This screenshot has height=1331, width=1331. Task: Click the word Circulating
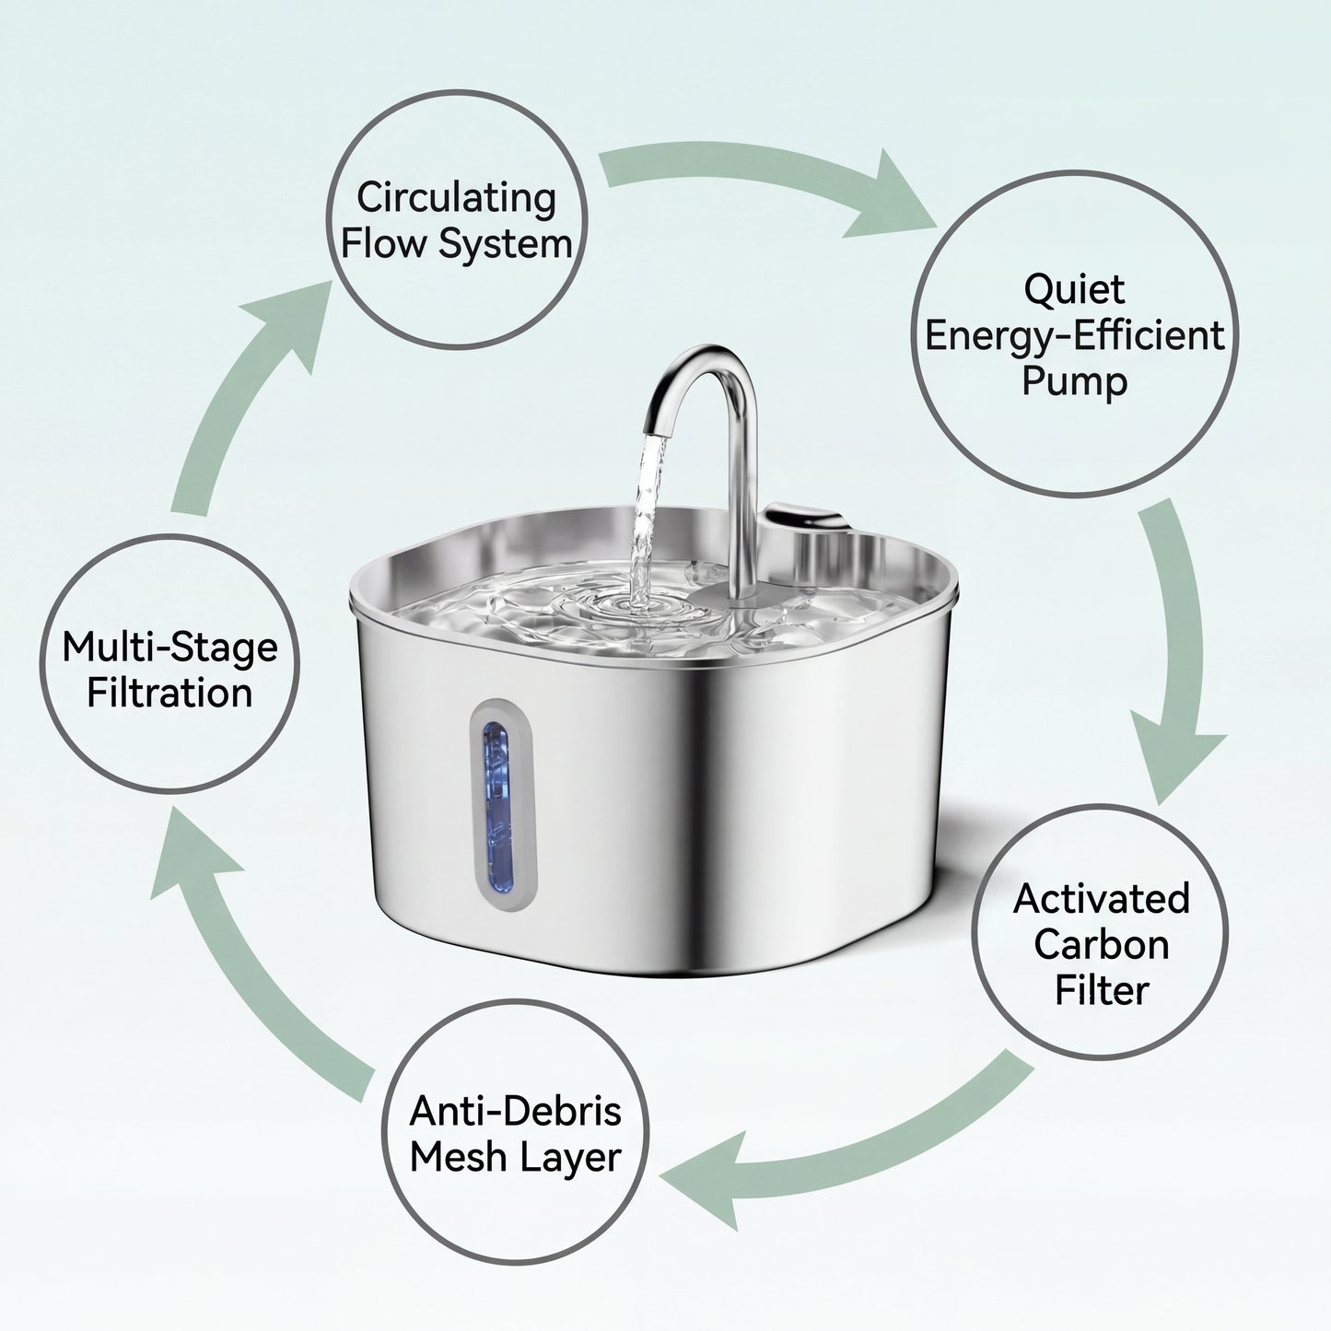[x=456, y=198]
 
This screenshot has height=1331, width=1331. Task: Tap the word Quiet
[x=1074, y=289]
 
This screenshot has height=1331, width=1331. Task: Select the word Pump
[x=1074, y=381]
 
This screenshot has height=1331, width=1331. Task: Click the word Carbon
[x=1102, y=945]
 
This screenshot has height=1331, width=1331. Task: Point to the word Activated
[x=1102, y=899]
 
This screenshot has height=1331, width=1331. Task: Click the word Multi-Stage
[x=169, y=648]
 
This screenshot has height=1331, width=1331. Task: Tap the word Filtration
[x=169, y=694]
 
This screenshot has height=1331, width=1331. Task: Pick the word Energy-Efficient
[x=1074, y=335]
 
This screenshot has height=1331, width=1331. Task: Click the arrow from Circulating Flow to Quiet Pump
[x=774, y=184]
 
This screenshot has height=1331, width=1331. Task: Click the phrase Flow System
[x=456, y=244]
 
